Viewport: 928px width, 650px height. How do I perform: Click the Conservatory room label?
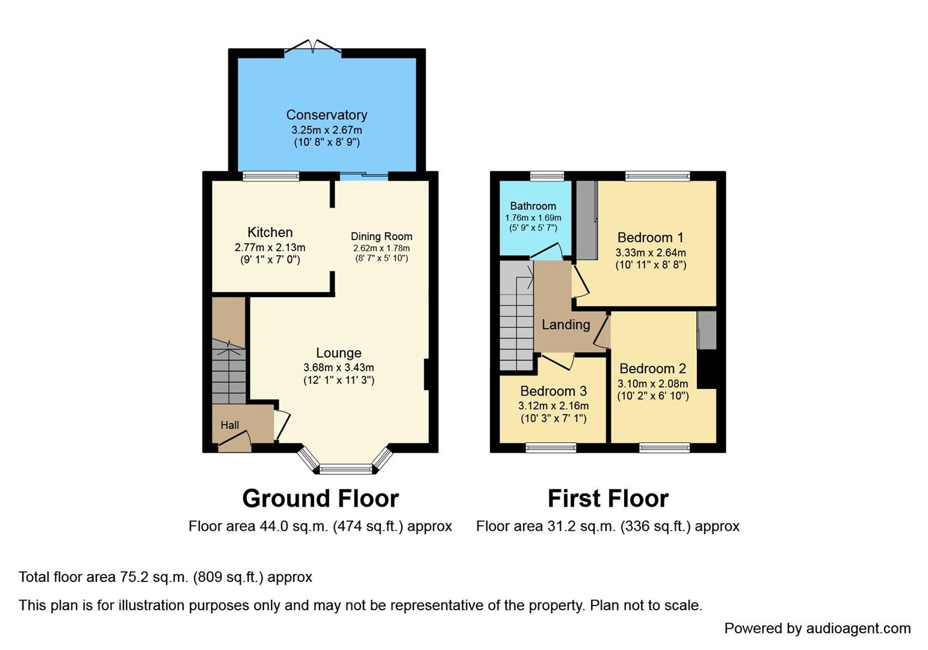coord(326,115)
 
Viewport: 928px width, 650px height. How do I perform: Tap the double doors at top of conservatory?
coord(312,48)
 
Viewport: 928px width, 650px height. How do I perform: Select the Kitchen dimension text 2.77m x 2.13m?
coord(270,247)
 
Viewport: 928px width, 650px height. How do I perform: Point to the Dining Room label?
coord(382,237)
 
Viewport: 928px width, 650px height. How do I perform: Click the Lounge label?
coord(339,353)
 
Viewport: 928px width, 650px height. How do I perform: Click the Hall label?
coord(229,425)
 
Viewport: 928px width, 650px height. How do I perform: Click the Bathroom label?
coord(533,206)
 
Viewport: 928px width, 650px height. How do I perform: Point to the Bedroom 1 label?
coord(650,237)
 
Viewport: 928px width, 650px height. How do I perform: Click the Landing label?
coord(565,325)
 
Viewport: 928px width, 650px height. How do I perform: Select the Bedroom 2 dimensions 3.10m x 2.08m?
coord(652,383)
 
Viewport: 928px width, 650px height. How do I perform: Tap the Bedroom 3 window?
coord(551,447)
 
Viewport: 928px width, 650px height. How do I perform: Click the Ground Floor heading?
coord(320,498)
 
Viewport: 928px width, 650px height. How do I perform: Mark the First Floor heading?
coord(608,498)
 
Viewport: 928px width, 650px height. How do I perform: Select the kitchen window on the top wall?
coord(271,176)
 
